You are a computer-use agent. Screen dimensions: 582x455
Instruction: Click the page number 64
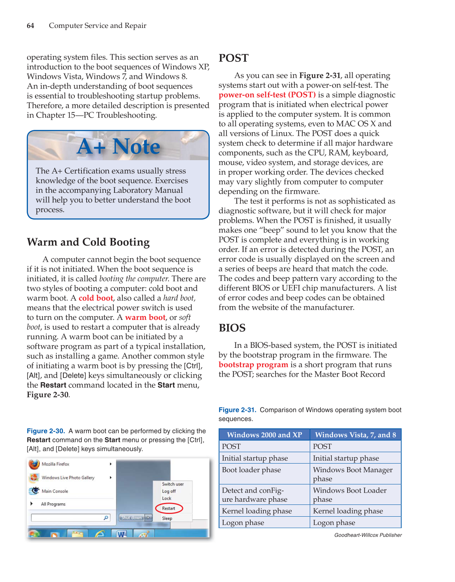click(x=30, y=26)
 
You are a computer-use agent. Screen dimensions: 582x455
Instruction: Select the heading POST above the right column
click(x=233, y=58)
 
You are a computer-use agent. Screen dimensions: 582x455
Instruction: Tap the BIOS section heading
click(x=232, y=328)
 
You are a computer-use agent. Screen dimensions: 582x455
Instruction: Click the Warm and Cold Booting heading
click(x=88, y=242)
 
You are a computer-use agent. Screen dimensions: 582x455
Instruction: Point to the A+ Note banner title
click(x=118, y=146)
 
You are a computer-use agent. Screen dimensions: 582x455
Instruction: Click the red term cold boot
click(x=96, y=298)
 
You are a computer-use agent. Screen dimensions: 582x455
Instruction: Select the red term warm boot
click(x=145, y=317)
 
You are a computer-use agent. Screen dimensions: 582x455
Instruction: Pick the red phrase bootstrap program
click(x=253, y=365)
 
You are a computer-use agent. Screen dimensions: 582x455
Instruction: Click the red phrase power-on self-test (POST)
click(x=267, y=95)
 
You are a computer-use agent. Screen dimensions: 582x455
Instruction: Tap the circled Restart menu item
click(x=168, y=508)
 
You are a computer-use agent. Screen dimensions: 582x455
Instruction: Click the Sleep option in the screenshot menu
click(x=167, y=518)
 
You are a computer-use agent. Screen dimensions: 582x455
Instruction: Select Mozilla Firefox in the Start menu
click(x=55, y=464)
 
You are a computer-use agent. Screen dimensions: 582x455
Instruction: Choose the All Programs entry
click(x=53, y=504)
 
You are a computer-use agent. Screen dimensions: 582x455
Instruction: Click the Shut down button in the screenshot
click(x=131, y=518)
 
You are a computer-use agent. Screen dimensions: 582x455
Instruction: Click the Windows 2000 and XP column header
click(x=264, y=435)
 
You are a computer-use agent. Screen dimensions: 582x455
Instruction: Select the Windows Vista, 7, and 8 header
click(x=355, y=435)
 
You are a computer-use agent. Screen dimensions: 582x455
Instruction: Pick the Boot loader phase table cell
click(x=251, y=470)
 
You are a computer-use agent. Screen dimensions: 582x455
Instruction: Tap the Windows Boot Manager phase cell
click(x=353, y=474)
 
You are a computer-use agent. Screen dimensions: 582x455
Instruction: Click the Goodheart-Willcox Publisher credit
click(x=368, y=535)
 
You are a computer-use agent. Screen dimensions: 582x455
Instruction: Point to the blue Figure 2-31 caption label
click(x=237, y=410)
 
